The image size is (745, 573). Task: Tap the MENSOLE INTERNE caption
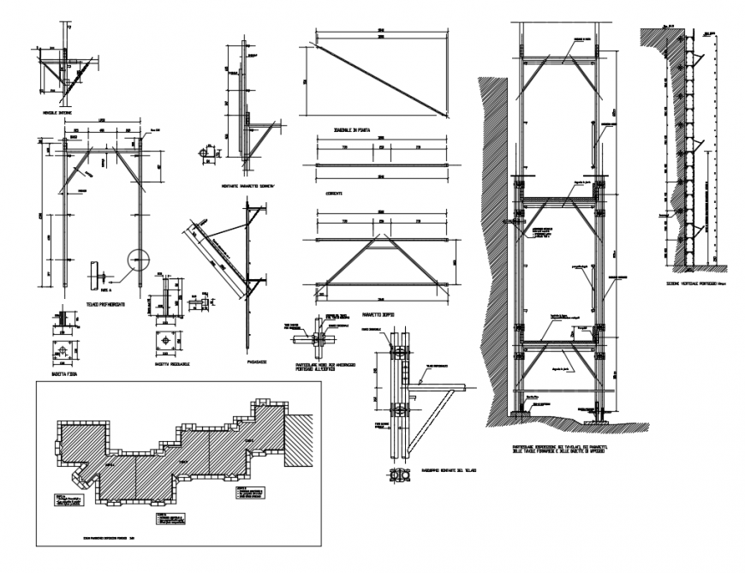point(56,112)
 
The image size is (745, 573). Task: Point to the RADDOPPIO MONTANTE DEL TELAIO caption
point(444,471)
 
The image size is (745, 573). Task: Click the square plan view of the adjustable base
point(164,340)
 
